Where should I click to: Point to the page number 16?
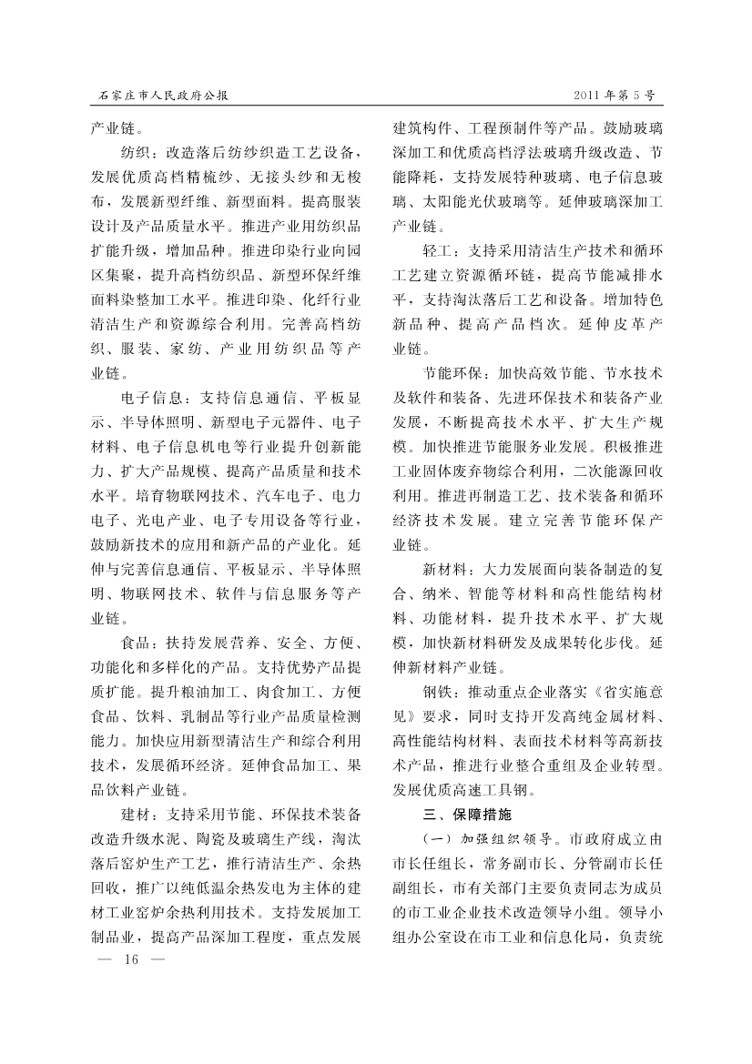point(136,961)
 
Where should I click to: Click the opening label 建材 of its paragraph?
point(136,813)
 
